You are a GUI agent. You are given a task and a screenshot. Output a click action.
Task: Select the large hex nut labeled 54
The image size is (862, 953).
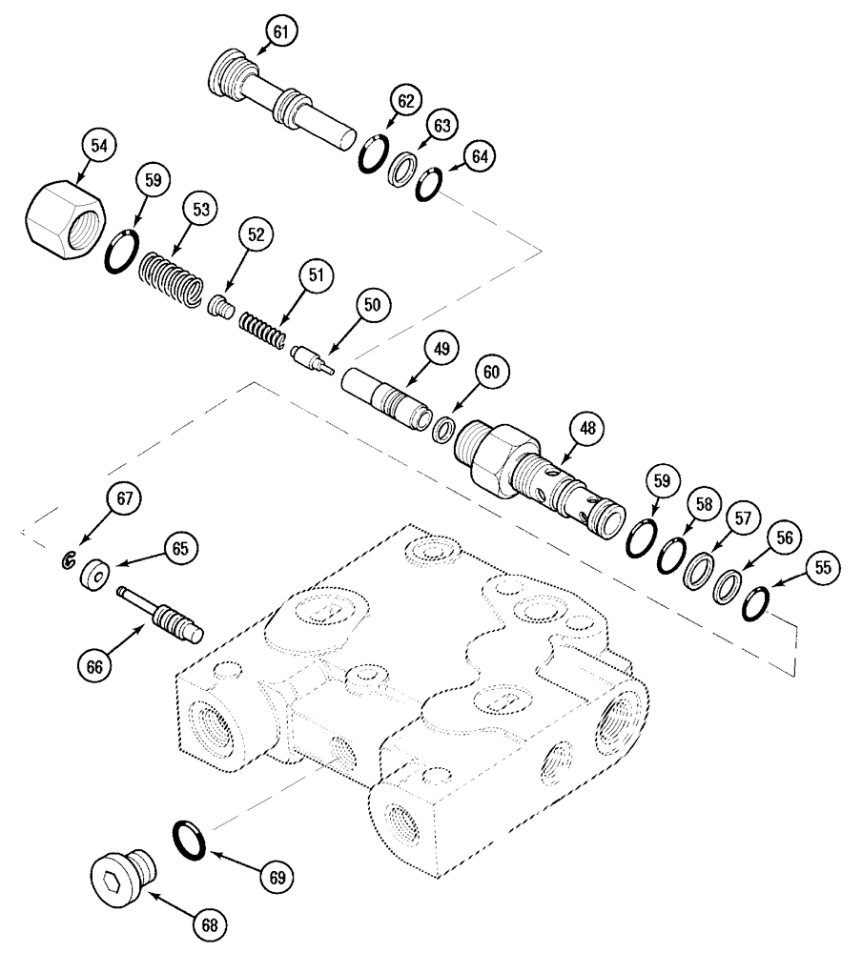coord(63,216)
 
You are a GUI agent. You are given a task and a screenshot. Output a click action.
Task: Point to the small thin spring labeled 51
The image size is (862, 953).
coord(260,330)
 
